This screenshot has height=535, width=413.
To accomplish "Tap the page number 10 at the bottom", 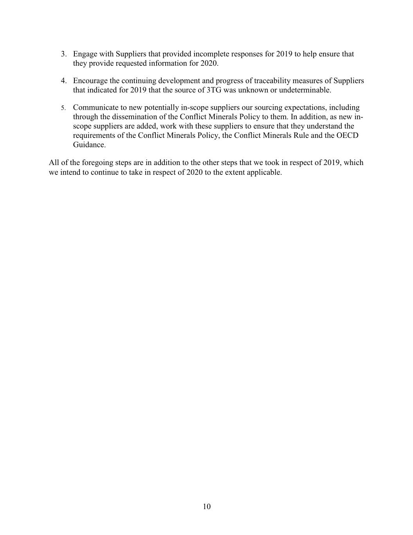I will [207, 506].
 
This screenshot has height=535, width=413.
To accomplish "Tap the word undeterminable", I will [305, 90].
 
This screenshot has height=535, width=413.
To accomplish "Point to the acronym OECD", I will [347, 136].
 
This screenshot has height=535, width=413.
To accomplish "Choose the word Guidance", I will [89, 145].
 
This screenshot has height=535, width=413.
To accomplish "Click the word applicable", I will [264, 172].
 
